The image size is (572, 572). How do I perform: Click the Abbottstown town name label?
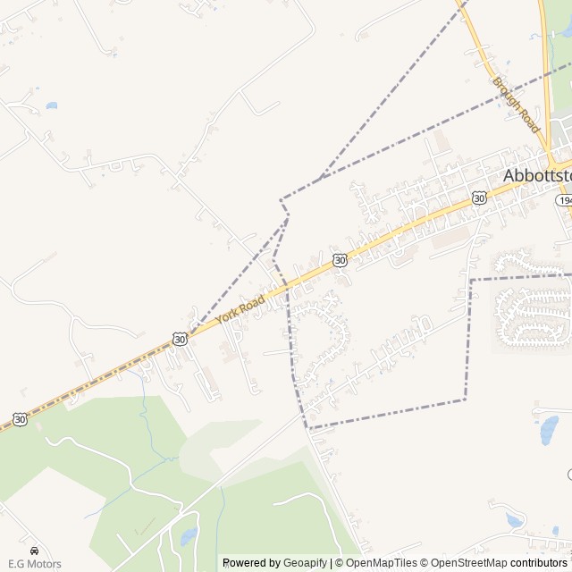[537, 175]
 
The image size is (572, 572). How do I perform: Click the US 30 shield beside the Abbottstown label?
[480, 198]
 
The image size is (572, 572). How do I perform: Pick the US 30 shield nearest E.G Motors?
[21, 418]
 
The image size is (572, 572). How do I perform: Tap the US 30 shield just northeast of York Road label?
[340, 259]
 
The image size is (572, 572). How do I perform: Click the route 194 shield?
[564, 201]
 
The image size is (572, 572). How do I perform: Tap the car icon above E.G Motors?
[34, 551]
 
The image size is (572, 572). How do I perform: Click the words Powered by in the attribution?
[250, 563]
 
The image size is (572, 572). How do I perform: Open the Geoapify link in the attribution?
[305, 563]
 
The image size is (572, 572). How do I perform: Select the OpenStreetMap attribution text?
[465, 563]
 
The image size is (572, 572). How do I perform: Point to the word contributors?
[540, 563]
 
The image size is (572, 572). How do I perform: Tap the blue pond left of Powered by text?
[188, 536]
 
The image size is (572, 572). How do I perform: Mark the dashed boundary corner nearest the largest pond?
[465, 399]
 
